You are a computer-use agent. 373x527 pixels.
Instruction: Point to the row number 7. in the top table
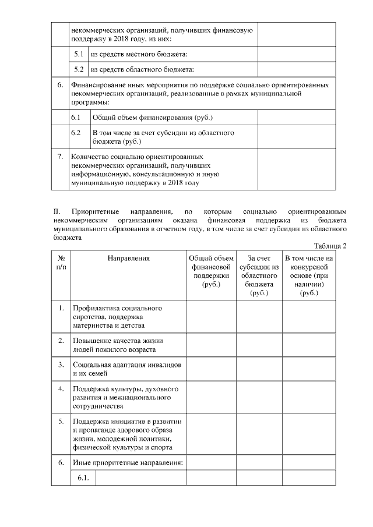[x=60, y=157]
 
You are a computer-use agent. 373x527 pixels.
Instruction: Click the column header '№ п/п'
[x=61, y=262]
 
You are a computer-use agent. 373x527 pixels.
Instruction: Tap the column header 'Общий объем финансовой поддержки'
[x=211, y=271]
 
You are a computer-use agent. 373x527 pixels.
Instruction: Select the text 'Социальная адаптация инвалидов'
[x=127, y=365]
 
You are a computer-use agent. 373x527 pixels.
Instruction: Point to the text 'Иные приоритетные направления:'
[x=127, y=463]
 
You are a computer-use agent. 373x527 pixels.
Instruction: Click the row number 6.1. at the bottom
[x=82, y=478]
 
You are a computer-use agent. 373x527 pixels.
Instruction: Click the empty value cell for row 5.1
[x=297, y=54]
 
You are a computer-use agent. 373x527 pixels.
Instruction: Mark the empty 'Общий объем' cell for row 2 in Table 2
[x=211, y=344]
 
